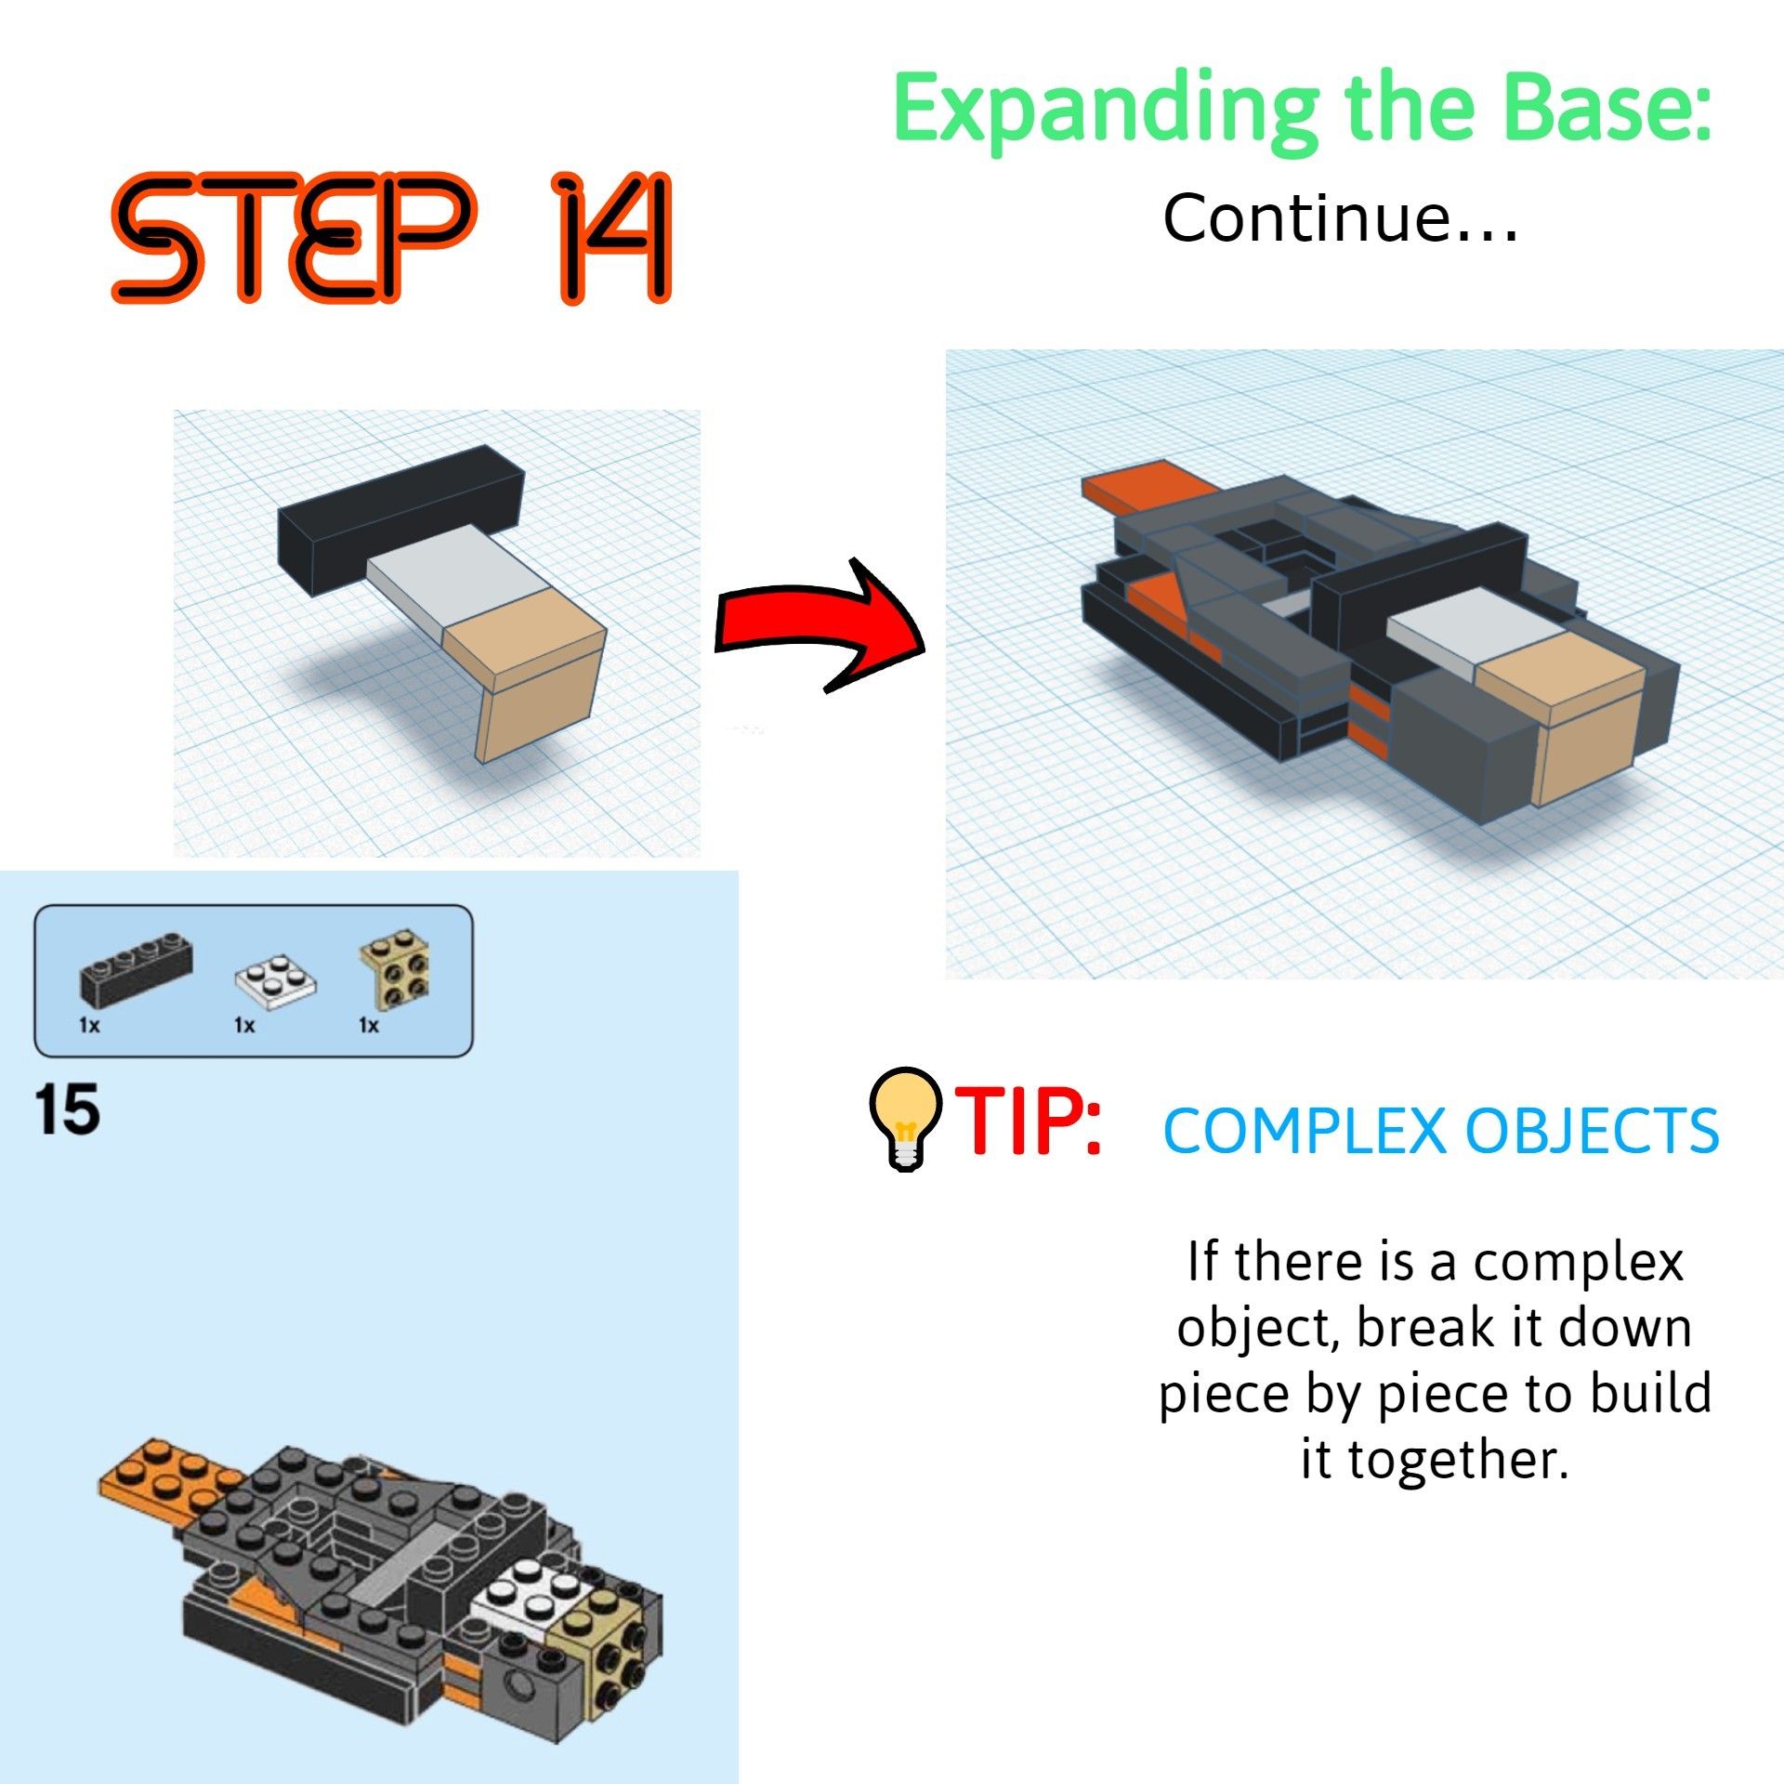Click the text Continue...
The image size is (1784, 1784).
point(1338,218)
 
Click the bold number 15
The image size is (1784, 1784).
point(67,1109)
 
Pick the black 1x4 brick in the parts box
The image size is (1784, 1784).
point(136,969)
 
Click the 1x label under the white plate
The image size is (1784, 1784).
point(244,1025)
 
